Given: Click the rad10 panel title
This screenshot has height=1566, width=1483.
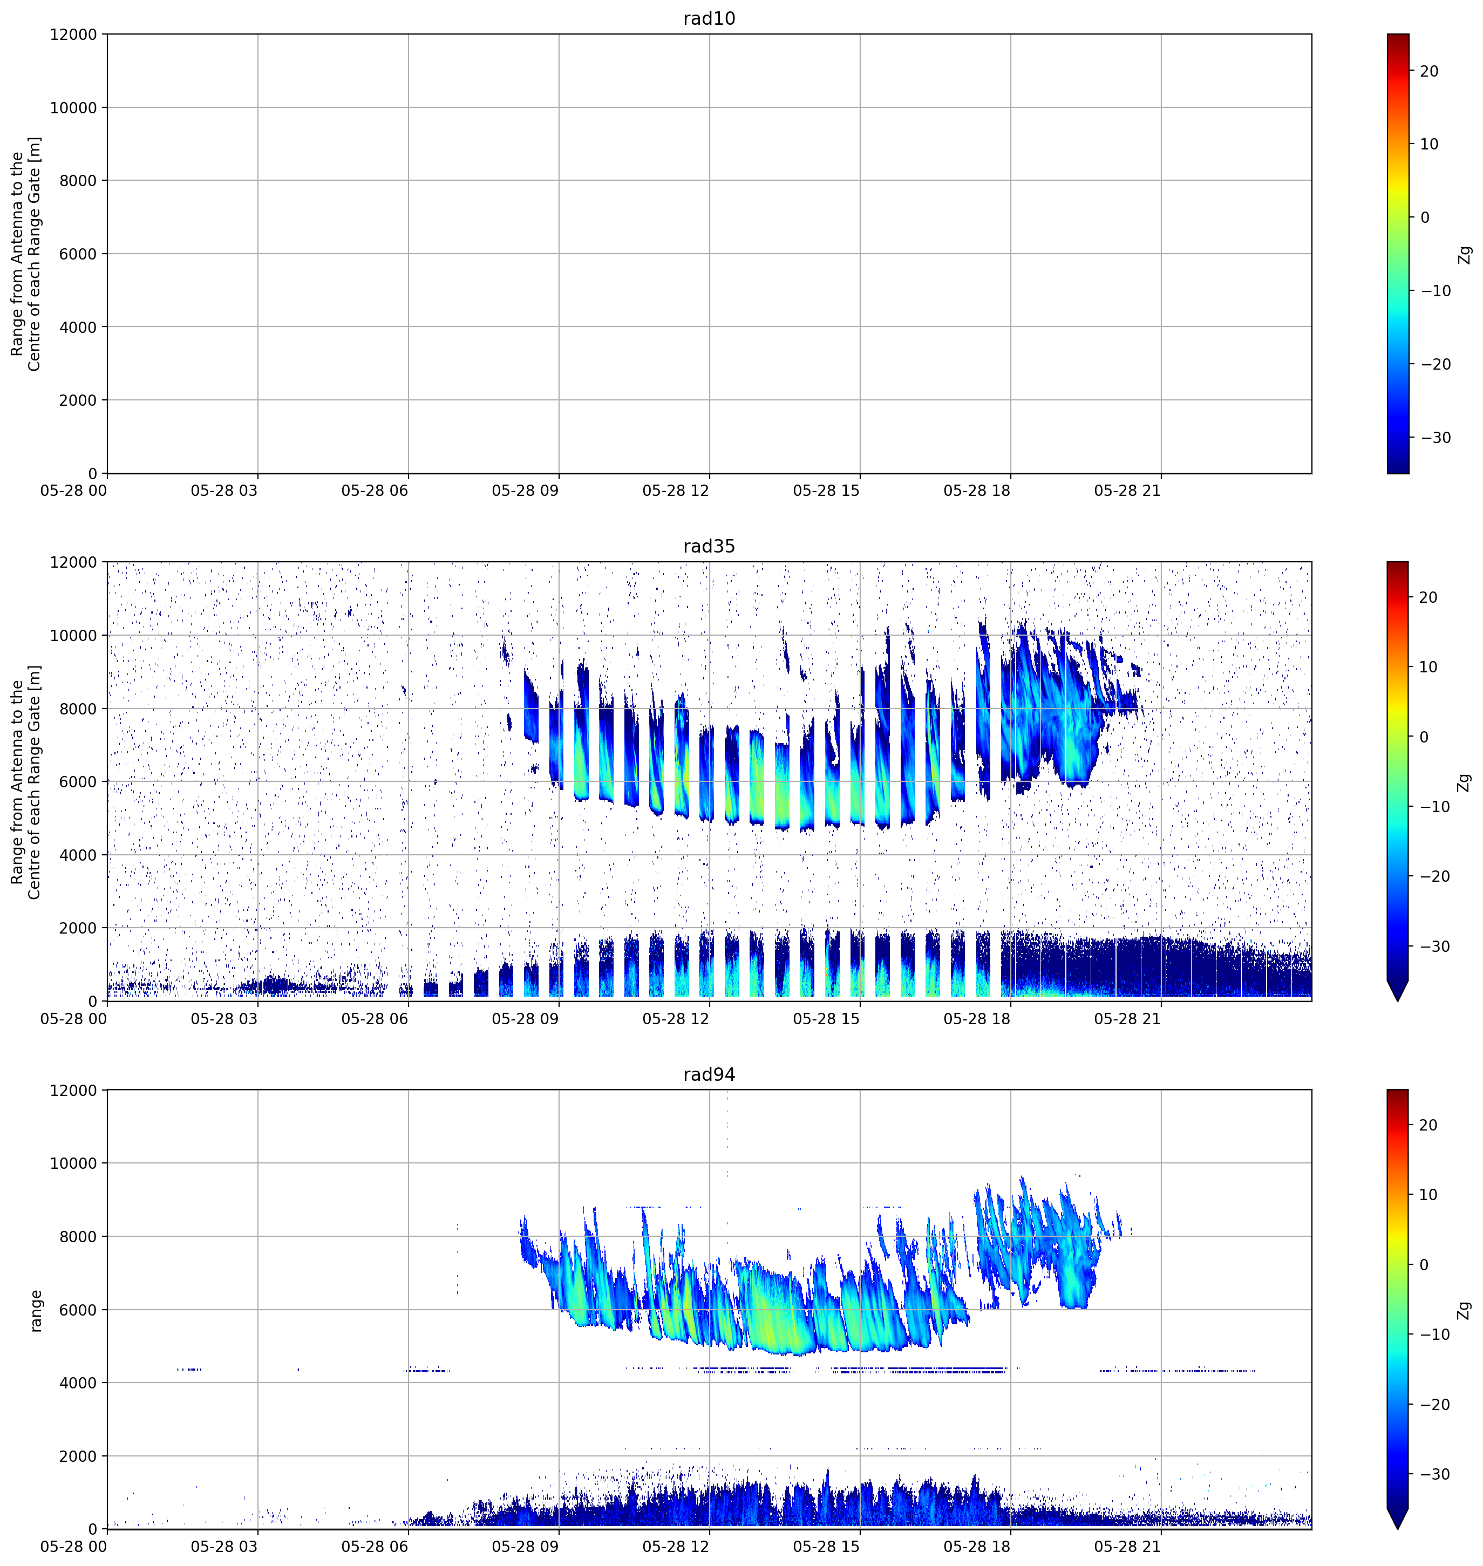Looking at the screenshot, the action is pos(709,18).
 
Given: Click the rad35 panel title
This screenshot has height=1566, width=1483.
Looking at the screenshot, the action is pos(709,546).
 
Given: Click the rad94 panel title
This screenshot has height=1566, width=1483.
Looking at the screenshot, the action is pos(709,1074).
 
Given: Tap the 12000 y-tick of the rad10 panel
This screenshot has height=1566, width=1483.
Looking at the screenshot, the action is pos(73,35).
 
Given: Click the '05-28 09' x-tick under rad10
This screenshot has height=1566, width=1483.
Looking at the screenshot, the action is pos(525,491).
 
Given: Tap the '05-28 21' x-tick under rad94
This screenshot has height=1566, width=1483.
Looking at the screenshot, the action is pos(1127,1547).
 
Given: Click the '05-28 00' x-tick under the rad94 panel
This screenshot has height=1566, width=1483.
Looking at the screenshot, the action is pos(73,1547).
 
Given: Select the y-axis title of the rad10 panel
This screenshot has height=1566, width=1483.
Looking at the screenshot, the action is pos(25,254).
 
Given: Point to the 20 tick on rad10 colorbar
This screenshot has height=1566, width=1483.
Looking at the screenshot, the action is pos(1429,71).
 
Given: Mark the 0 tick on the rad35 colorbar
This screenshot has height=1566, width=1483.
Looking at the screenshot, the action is pos(1425,737).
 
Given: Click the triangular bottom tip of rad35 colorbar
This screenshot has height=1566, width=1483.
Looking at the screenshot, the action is pos(1398,1000).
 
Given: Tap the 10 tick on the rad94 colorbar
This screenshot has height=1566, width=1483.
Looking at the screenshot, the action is pos(1429,1194).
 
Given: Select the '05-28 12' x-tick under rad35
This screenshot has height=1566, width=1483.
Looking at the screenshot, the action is pos(676,1019).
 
